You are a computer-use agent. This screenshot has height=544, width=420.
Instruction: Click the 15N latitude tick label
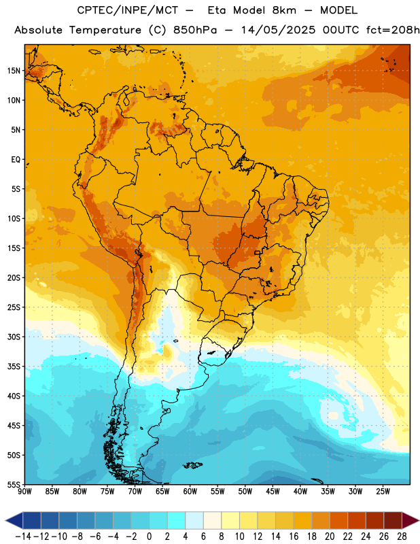(14, 71)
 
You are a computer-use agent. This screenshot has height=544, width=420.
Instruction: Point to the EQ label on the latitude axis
(16, 160)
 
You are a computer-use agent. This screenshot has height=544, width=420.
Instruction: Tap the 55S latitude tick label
(14, 485)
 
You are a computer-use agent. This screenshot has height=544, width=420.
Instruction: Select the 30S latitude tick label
(14, 337)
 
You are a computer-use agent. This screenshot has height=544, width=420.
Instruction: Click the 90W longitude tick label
(24, 492)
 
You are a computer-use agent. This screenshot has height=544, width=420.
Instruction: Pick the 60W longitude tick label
(190, 492)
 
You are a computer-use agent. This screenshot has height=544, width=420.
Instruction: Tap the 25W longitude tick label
(383, 492)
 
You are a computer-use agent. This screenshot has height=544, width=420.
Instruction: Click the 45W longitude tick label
(273, 492)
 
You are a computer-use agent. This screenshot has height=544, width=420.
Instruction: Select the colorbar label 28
(402, 537)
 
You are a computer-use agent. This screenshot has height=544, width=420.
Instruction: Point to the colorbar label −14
(23, 537)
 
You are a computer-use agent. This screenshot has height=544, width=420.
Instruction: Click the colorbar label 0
(150, 537)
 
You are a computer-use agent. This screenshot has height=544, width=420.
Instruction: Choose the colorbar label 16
(294, 537)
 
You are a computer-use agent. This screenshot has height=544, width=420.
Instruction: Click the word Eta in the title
(217, 10)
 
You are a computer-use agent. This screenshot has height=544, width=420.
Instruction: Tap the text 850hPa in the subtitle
(195, 30)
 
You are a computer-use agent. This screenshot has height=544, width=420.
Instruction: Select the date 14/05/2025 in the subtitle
(278, 30)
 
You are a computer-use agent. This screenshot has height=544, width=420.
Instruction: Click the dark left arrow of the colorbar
(14, 520)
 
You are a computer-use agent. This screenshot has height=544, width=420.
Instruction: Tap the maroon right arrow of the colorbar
(410, 520)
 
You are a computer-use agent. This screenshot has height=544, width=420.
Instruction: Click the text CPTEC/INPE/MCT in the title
(128, 10)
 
